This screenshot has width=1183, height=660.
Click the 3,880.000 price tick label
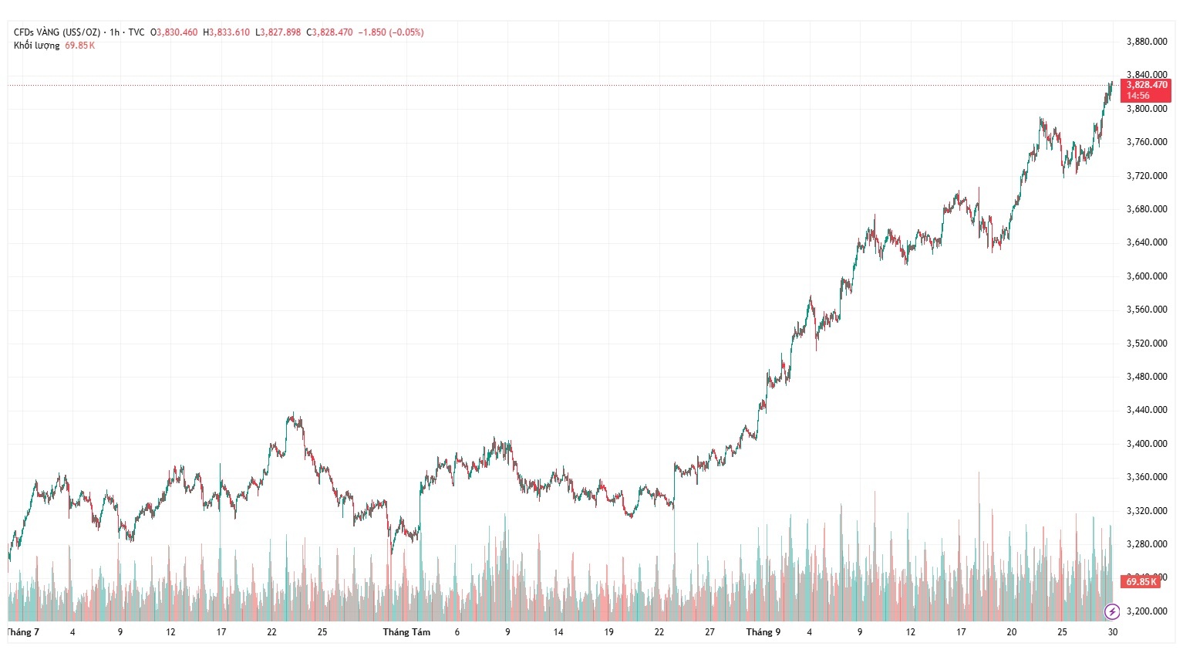pos(1147,42)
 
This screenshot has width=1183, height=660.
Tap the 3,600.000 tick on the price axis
pos(1147,276)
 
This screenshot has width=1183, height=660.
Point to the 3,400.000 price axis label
pos(1147,444)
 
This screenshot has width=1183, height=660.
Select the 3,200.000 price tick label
pos(1147,611)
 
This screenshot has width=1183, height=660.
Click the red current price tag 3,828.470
pos(1146,85)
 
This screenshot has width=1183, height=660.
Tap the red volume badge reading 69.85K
pos(1140,582)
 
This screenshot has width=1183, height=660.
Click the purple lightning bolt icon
pos(1112,612)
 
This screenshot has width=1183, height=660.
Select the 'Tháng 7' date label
pos(23,632)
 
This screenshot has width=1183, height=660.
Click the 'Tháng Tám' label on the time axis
pos(406,632)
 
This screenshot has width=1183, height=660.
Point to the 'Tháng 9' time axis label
pos(763,632)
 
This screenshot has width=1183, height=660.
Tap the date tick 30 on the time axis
pos(1112,632)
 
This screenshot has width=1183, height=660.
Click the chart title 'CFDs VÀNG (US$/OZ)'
pos(57,32)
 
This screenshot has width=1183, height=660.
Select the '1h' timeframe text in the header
pos(114,32)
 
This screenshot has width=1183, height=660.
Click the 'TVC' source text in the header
pos(136,32)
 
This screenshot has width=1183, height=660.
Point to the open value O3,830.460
pos(174,32)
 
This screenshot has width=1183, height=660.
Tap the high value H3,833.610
pos(227,32)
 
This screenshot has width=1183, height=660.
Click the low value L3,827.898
pos(278,32)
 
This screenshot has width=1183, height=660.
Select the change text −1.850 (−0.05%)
pos(391,32)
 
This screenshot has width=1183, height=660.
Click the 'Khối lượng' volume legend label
pos(36,46)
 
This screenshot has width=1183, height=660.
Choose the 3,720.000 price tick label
pos(1147,176)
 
